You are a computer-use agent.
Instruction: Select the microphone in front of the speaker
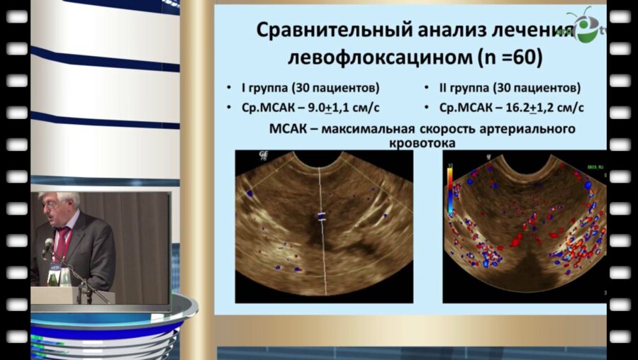[x=47, y=247]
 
